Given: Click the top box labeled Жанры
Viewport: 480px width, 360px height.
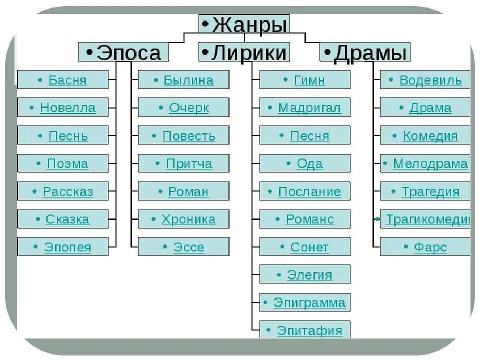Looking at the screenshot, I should click(244, 24).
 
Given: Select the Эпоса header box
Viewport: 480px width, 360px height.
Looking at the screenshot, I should click(123, 52).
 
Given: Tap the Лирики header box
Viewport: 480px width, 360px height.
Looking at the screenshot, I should click(244, 52).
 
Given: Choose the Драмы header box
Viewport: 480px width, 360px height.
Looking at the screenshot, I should click(364, 52).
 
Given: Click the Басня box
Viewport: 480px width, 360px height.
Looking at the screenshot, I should click(62, 80).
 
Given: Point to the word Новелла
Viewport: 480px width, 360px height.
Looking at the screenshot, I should click(67, 107).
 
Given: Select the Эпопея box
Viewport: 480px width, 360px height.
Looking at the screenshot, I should click(62, 247).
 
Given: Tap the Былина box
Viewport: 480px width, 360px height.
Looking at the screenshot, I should click(183, 80).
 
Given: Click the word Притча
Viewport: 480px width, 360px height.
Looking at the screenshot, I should click(189, 163).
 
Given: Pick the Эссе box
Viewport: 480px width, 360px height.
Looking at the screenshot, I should click(183, 247).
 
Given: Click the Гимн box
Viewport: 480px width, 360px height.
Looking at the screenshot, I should click(304, 80).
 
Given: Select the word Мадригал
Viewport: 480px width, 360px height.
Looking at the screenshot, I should click(309, 107).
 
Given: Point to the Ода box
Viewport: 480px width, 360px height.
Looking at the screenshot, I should click(304, 163).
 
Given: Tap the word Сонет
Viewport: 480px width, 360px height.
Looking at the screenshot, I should click(309, 247).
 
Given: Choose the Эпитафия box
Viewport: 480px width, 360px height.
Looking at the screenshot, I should click(304, 330).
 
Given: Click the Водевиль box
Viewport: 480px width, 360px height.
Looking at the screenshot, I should click(425, 80).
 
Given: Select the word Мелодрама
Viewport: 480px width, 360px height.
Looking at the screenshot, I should click(430, 163).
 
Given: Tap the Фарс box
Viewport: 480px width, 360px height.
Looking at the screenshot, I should click(425, 247).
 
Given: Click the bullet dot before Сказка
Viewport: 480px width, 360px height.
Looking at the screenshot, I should click(38, 218).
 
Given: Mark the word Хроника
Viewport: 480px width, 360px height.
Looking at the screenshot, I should click(188, 219).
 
